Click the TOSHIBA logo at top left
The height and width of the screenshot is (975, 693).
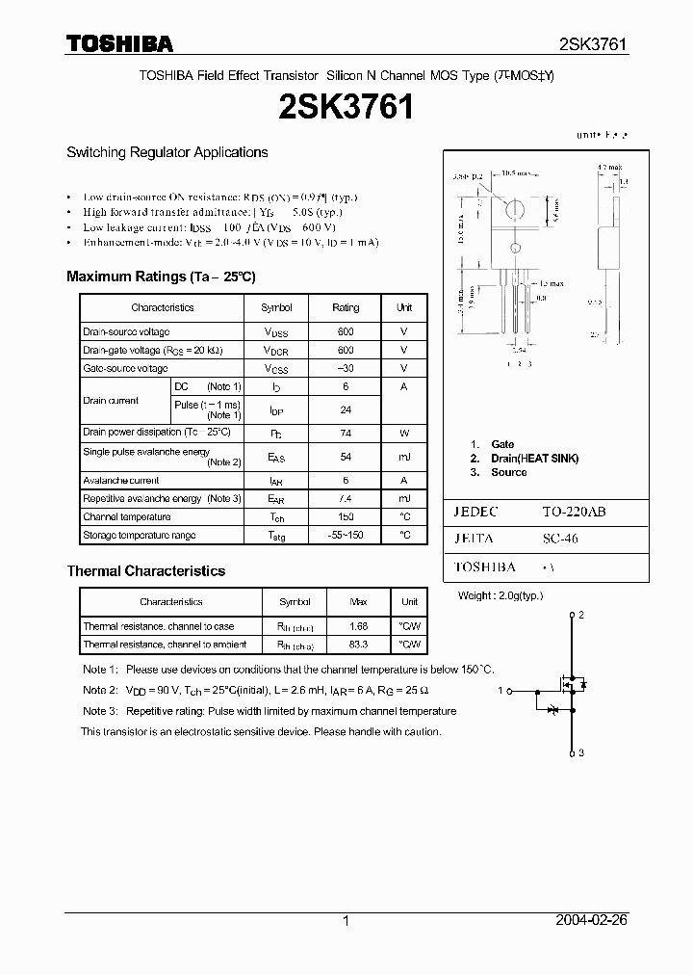pyautogui.click(x=119, y=44)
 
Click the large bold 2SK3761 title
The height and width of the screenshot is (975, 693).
pyautogui.click(x=346, y=108)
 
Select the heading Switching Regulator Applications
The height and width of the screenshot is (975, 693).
pyautogui.click(x=167, y=152)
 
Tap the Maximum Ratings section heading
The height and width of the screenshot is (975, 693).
pyautogui.click(x=161, y=277)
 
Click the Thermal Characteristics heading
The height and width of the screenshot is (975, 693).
pyautogui.click(x=145, y=571)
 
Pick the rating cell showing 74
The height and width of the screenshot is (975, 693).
pyautogui.click(x=346, y=433)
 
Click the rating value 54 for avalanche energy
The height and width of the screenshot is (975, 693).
pyautogui.click(x=346, y=457)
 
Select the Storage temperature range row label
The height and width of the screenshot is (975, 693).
pyautogui.click(x=139, y=535)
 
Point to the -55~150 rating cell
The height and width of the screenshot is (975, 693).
pyautogui.click(x=346, y=535)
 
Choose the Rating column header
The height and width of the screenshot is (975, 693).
pyautogui.click(x=346, y=307)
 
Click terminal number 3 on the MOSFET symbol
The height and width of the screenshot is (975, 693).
pyautogui.click(x=581, y=752)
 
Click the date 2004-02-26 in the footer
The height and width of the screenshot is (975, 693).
pyautogui.click(x=590, y=921)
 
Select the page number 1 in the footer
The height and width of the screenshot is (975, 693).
pyautogui.click(x=346, y=921)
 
